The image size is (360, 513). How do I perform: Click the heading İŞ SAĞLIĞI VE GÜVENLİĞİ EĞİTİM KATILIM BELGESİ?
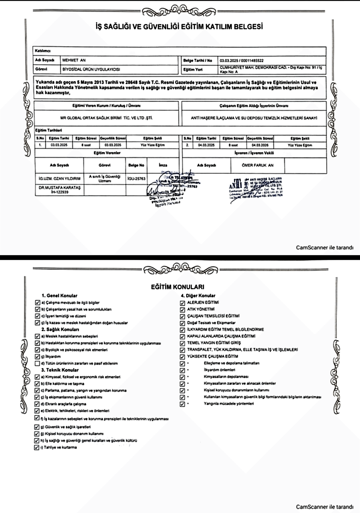(x=180, y=27)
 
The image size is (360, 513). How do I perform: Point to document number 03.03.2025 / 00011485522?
(x=241, y=60)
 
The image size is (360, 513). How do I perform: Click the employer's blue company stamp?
(x=256, y=185)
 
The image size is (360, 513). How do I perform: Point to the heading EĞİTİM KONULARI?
(x=180, y=286)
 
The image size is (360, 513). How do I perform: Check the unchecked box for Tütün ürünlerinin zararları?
(x=37, y=364)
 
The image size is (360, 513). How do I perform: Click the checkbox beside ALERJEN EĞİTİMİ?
(x=183, y=302)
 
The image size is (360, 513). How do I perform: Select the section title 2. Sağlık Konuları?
(x=60, y=329)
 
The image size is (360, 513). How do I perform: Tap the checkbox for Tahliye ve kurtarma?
(x=37, y=448)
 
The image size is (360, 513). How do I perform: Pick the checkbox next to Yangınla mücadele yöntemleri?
(x=183, y=404)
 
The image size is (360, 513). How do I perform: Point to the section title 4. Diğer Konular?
(x=198, y=295)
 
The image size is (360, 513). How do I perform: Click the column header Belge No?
(x=137, y=164)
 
